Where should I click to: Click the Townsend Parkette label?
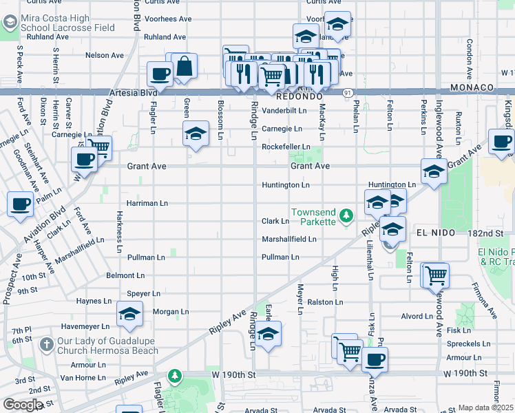[x=313, y=216]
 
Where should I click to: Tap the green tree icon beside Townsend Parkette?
[x=348, y=217]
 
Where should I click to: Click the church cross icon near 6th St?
[x=45, y=343]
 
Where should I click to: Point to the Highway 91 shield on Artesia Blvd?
[x=348, y=92]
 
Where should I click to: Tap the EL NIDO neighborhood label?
[x=435, y=233]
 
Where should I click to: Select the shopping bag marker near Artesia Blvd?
[x=184, y=67]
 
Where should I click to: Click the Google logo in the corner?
[x=22, y=405]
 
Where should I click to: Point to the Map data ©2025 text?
[x=485, y=407]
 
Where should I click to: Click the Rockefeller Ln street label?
[x=285, y=147]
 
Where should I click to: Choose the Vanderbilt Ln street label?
[x=284, y=110]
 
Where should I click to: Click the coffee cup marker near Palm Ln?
[x=20, y=204]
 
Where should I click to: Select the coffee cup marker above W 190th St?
[x=375, y=359]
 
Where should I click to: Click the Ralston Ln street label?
[x=324, y=302]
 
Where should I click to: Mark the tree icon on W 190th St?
[x=176, y=375]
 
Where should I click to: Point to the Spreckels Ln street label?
[x=468, y=343]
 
